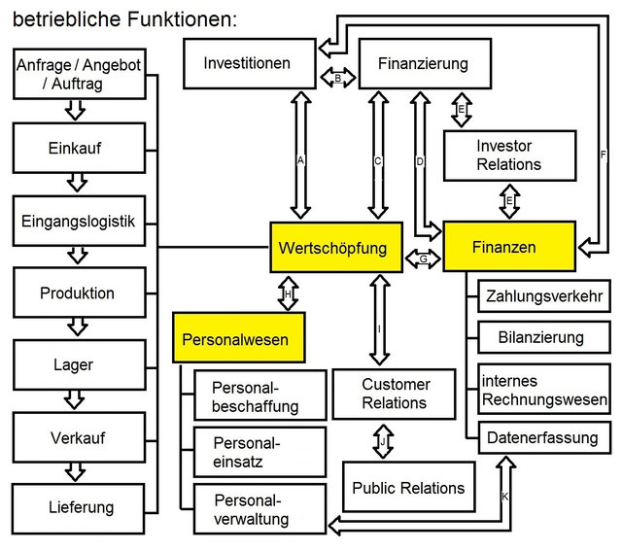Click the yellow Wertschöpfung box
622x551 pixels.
[335, 248]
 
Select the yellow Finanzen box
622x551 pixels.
[510, 248]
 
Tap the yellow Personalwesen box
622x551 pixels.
[239, 340]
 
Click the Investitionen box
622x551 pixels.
[248, 64]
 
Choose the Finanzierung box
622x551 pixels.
[421, 65]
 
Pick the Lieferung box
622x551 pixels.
[81, 506]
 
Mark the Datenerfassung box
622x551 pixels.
[544, 437]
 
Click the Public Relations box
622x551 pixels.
[408, 487]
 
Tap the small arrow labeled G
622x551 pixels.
[422, 259]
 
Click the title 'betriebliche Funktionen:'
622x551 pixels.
[124, 18]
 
